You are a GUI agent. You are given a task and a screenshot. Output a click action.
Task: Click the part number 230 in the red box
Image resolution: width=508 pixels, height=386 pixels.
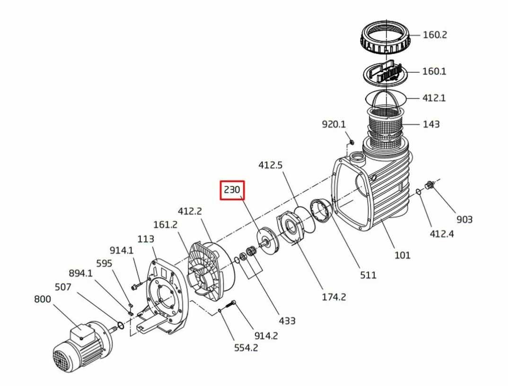pos(232,189)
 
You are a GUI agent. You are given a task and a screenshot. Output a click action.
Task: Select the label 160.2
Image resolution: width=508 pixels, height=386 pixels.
pos(435,34)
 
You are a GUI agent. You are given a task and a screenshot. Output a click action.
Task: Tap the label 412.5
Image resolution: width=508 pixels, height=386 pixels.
pos(271,165)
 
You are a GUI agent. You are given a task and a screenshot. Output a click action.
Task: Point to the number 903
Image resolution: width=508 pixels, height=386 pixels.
pos(464,219)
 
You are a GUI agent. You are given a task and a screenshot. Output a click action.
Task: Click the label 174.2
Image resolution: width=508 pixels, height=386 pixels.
pos(333,297)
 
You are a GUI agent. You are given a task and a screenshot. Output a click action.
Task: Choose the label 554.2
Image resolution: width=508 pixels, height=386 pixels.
pos(246,348)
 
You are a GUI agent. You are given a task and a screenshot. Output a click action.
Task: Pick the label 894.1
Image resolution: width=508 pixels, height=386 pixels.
pos(81,274)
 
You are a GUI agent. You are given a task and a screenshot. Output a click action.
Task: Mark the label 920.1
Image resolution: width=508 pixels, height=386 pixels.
pos(333,124)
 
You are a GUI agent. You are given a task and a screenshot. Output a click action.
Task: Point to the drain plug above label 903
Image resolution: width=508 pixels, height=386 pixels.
pos(429,185)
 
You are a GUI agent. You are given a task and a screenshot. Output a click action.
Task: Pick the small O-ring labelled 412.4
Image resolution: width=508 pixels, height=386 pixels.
pos(419,191)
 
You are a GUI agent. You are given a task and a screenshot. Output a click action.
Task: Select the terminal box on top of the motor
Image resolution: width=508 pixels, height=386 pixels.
pos(79,332)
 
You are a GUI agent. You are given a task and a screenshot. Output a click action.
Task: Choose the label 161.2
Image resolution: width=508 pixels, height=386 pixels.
pos(165,224)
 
